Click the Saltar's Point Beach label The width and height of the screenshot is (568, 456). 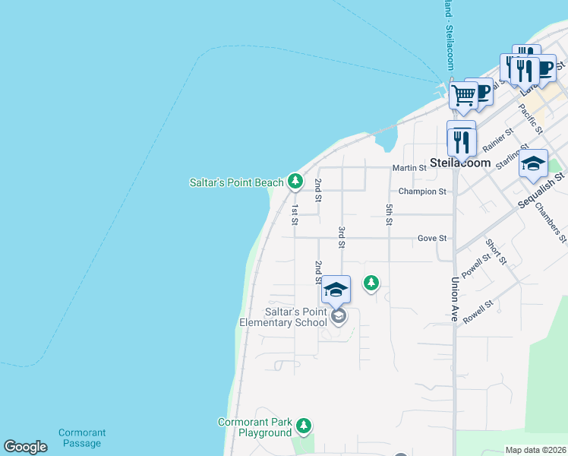235,182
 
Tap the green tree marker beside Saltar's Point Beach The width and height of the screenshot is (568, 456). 295,181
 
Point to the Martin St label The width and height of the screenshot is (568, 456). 407,167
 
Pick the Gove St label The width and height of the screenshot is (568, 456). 431,238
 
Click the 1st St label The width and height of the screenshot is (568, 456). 295,214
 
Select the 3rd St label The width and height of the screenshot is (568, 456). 342,237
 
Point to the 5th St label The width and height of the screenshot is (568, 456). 389,214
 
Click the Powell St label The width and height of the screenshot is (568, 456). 474,265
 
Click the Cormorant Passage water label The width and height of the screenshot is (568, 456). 82,438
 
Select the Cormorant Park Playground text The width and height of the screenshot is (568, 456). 255,427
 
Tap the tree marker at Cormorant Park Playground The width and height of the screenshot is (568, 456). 304,425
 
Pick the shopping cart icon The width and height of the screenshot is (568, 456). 462,95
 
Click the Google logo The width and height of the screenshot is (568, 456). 26,447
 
